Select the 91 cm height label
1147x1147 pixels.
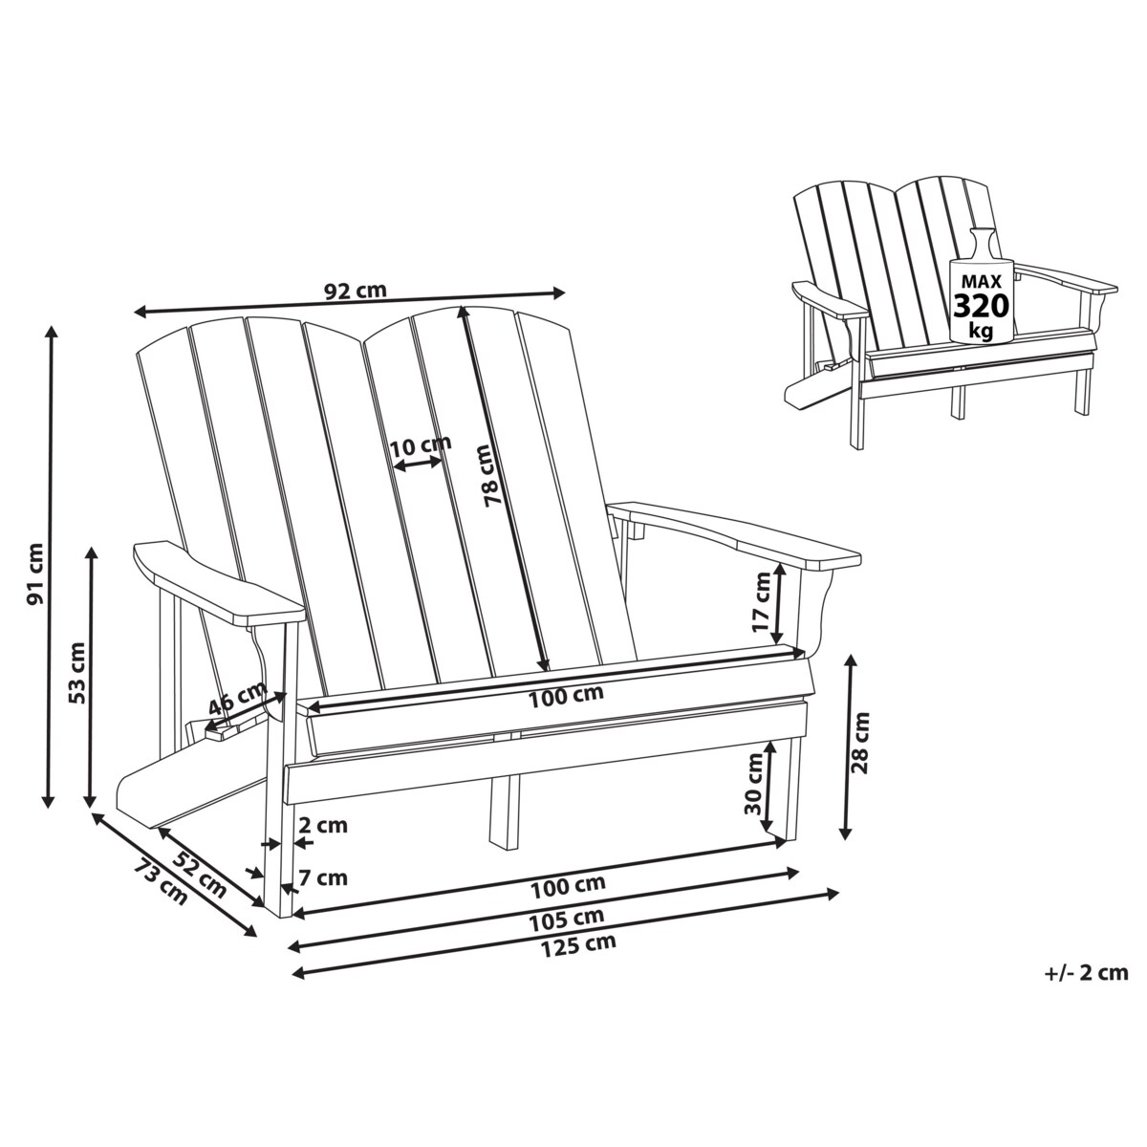coord(35,574)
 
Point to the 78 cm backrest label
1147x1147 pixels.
coord(490,475)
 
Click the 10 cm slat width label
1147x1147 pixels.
coord(420,444)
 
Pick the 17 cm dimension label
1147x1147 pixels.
coord(762,602)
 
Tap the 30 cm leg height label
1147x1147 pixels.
coord(752,783)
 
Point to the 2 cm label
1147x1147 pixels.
coord(322,826)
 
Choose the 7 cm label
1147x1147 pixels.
coord(322,877)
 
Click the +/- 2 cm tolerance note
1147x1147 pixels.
coord(1087,973)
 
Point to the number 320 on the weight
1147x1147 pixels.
coord(982,307)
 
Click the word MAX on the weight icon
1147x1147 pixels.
coord(982,282)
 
